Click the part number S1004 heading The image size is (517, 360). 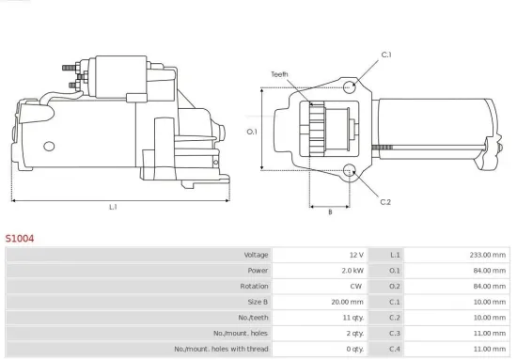pyautogui.click(x=20, y=239)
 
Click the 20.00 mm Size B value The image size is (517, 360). pyautogui.click(x=345, y=302)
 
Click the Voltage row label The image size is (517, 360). pyautogui.click(x=256, y=255)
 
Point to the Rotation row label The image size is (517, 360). pyautogui.click(x=255, y=286)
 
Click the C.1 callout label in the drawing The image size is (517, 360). pyautogui.click(x=385, y=55)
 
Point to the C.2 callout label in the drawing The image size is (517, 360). pyautogui.click(x=385, y=202)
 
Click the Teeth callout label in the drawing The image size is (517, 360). pyautogui.click(x=280, y=73)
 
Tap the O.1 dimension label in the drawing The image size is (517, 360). pyautogui.click(x=251, y=132)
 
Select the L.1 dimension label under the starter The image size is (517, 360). pyautogui.click(x=113, y=207)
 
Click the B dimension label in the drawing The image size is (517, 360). pyautogui.click(x=329, y=212)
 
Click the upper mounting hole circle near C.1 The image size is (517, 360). pyautogui.click(x=350, y=87)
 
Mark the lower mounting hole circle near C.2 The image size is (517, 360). pyautogui.click(x=350, y=170)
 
